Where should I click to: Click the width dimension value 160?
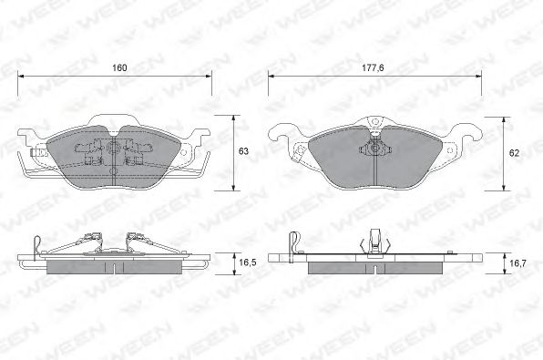[x=118, y=68]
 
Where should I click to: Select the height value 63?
[x=242, y=151]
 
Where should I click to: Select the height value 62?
[x=515, y=154]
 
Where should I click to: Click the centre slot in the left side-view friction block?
[x=115, y=267]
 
